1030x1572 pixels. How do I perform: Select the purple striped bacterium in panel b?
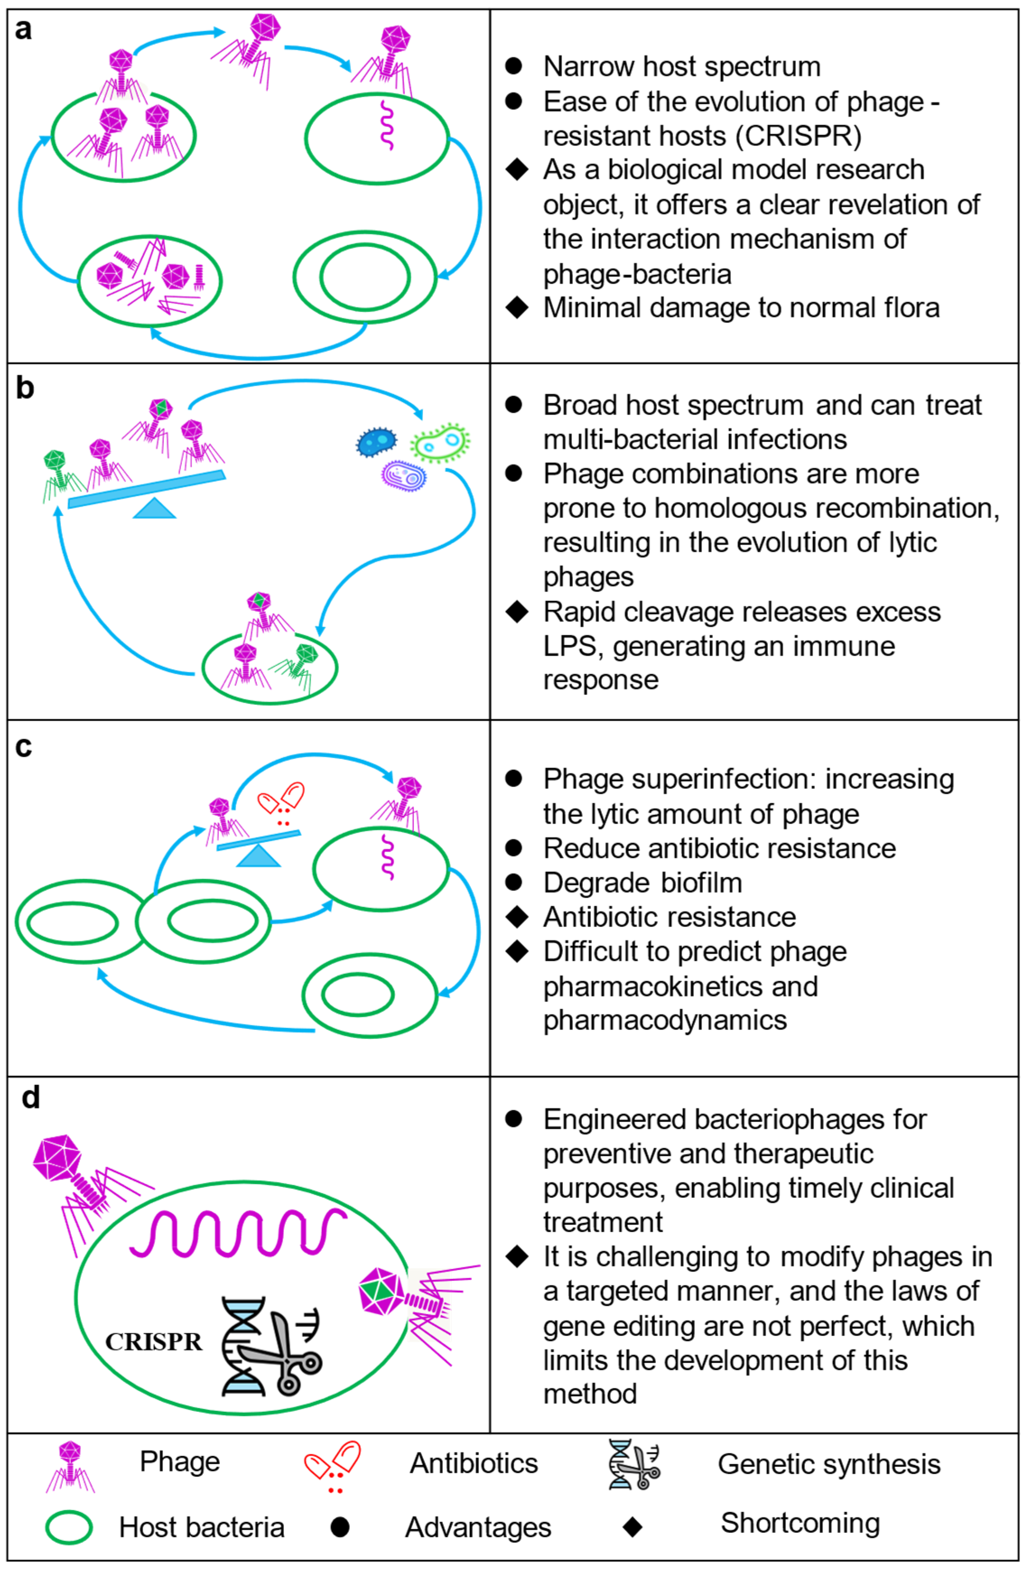tap(404, 475)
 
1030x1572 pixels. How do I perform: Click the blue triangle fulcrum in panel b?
tap(154, 509)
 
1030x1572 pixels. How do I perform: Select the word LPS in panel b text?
tap(570, 646)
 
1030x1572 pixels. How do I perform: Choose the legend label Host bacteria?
tap(201, 1527)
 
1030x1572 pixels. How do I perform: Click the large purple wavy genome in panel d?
tap(238, 1232)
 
